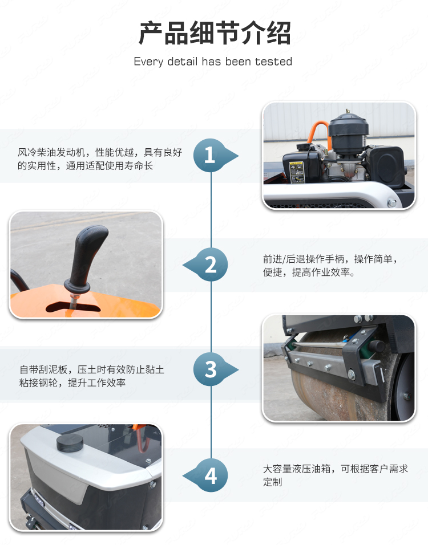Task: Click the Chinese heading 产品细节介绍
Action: coord(215,34)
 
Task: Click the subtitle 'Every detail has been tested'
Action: coord(213,62)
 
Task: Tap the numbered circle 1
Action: coord(210,156)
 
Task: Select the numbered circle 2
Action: coord(211,265)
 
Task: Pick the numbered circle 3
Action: coord(210,369)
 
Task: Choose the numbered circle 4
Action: coord(211,475)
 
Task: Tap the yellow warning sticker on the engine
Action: coord(297,172)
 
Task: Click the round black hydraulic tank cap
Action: coord(70,442)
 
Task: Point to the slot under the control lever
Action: coord(73,307)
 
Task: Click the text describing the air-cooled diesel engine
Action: coord(100,159)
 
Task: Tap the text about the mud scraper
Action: coord(91,376)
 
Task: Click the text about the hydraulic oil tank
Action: coord(335,475)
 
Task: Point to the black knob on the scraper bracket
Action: coord(377,346)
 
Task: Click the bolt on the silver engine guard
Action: coord(391,202)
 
